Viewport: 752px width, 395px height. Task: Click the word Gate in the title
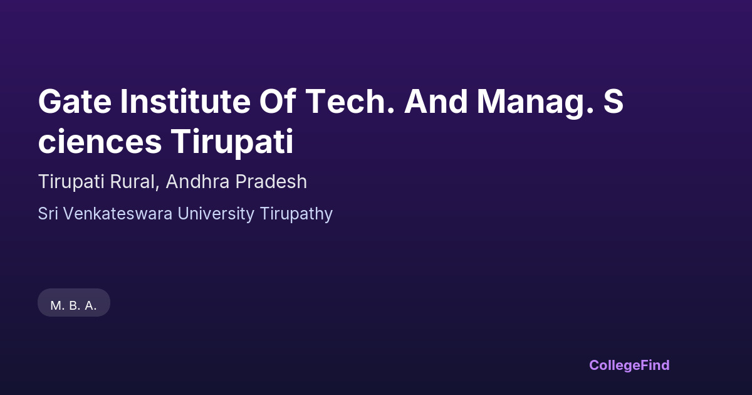tap(75, 102)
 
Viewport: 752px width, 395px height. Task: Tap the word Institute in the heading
tap(185, 102)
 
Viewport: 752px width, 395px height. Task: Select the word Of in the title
tap(278, 101)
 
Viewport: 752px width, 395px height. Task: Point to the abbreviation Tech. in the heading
tap(350, 102)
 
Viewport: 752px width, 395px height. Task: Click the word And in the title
tap(436, 102)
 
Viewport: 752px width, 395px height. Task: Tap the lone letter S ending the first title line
tap(614, 102)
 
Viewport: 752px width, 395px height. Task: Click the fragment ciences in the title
tap(100, 142)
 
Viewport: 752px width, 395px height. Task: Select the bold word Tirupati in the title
tap(232, 143)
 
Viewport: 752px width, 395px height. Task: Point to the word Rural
tap(133, 182)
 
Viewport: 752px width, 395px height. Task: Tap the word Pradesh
tap(271, 182)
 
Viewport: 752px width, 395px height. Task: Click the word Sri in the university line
tap(48, 214)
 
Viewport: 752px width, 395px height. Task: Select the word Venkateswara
tap(118, 214)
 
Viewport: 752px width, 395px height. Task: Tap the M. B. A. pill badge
tap(74, 303)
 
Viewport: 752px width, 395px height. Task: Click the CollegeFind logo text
tap(629, 366)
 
